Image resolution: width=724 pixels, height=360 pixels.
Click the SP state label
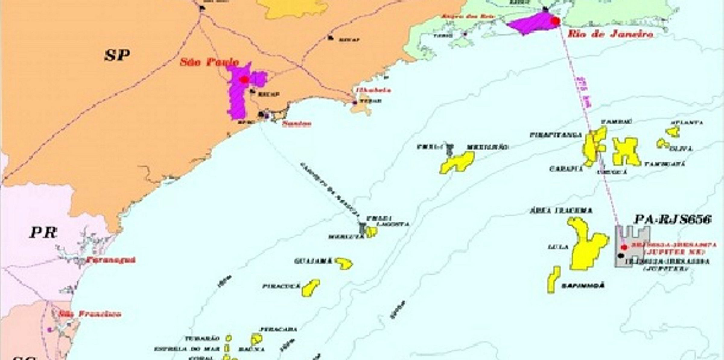pos(117,56)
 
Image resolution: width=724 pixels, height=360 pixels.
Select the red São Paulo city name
pos(209,62)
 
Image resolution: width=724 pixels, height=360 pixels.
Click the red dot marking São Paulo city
pos(244,80)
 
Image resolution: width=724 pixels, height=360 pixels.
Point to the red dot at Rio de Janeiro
pos(555,21)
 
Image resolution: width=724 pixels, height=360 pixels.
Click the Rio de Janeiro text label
pos(610,34)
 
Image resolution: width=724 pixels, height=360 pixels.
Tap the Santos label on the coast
pos(297,124)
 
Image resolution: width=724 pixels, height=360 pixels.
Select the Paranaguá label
pos(111,260)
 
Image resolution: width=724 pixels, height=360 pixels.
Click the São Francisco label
pos(90,314)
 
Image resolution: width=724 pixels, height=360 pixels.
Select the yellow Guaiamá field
pos(345,263)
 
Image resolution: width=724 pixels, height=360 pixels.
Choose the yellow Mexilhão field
pos(457,162)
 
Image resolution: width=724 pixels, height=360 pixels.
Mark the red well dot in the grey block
pos(624,247)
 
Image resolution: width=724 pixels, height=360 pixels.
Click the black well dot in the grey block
pos(621,256)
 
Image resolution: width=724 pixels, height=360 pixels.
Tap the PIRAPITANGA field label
pos(556,135)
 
